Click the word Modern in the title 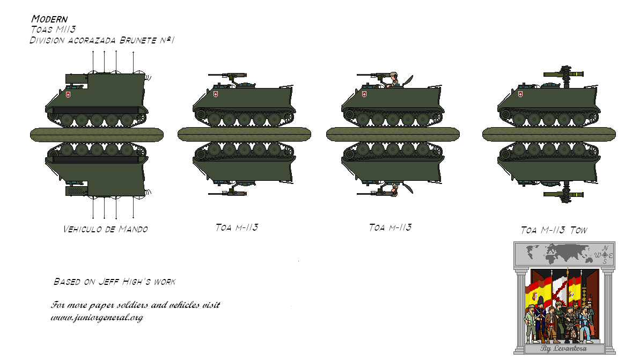click(x=49, y=19)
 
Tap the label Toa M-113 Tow click(x=554, y=230)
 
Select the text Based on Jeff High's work click(x=114, y=281)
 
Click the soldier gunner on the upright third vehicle click(x=393, y=79)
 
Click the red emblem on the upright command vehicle click(x=68, y=95)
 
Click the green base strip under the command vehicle click(x=97, y=134)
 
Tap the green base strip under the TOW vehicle click(x=548, y=134)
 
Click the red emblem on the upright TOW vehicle click(x=519, y=95)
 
